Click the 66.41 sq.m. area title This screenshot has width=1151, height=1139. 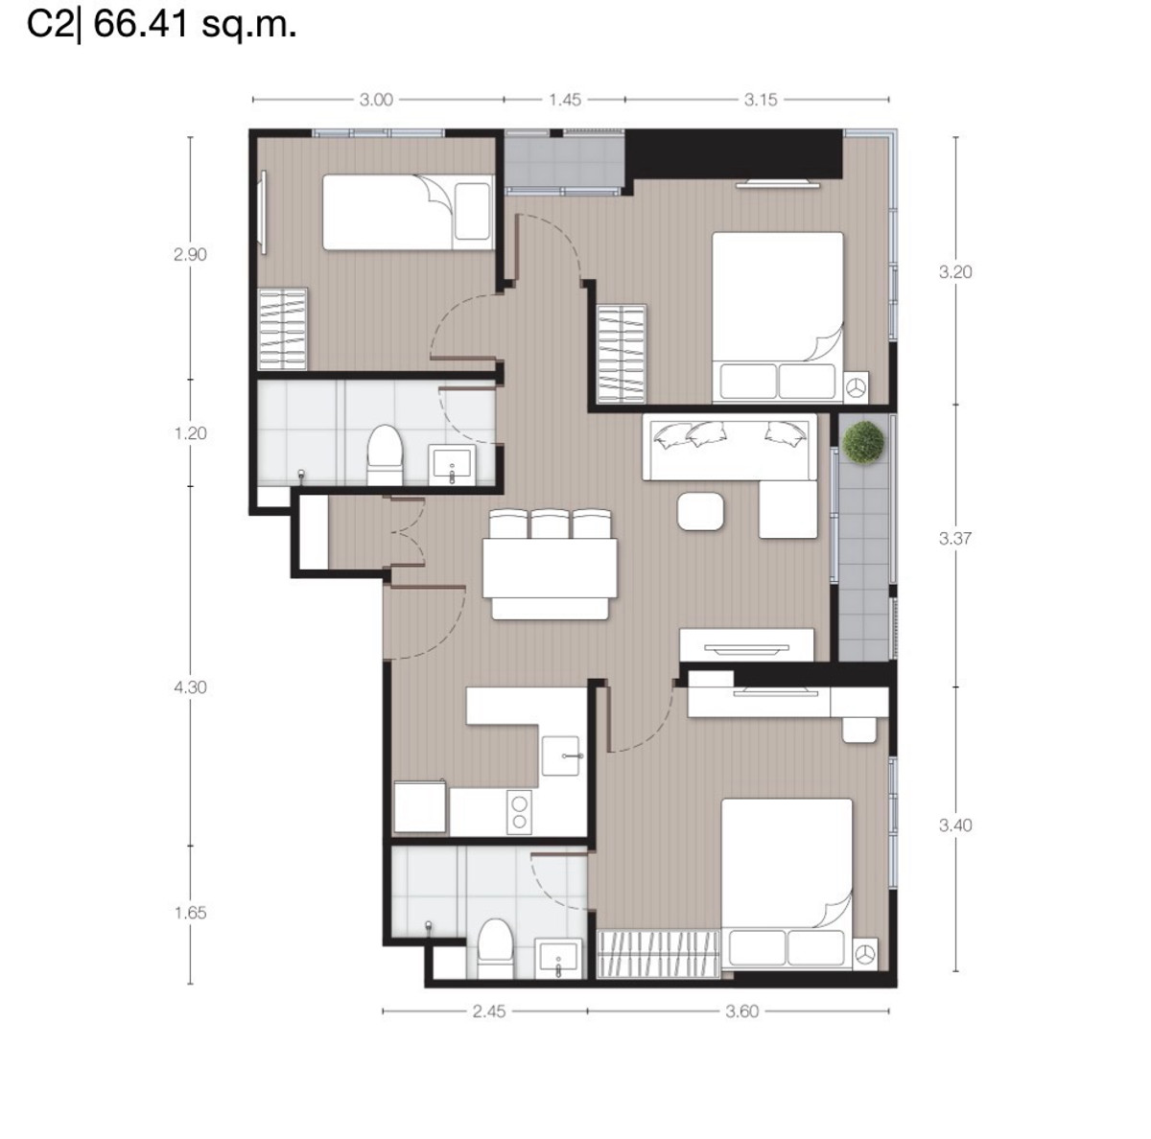(x=195, y=25)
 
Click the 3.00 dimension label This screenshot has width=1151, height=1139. (x=376, y=100)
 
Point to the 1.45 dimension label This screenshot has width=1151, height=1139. (x=564, y=100)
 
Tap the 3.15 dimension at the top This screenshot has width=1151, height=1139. (x=761, y=100)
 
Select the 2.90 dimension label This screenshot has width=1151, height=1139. (x=190, y=255)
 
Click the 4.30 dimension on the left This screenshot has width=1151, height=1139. (x=190, y=687)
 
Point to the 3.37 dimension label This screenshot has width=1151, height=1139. (x=955, y=539)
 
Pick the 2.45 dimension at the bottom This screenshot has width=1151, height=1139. (x=488, y=1011)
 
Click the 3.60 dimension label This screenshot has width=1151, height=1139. (x=741, y=1011)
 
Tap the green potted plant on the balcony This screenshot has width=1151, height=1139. (x=863, y=443)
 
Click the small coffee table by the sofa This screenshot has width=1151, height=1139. (x=701, y=511)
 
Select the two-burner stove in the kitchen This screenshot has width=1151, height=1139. (x=519, y=812)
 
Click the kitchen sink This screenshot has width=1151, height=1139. (x=560, y=755)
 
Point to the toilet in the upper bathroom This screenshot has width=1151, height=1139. (x=385, y=455)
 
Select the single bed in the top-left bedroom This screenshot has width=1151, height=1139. (x=409, y=212)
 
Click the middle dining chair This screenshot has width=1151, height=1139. (x=550, y=524)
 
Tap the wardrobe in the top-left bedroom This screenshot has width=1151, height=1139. (x=283, y=329)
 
